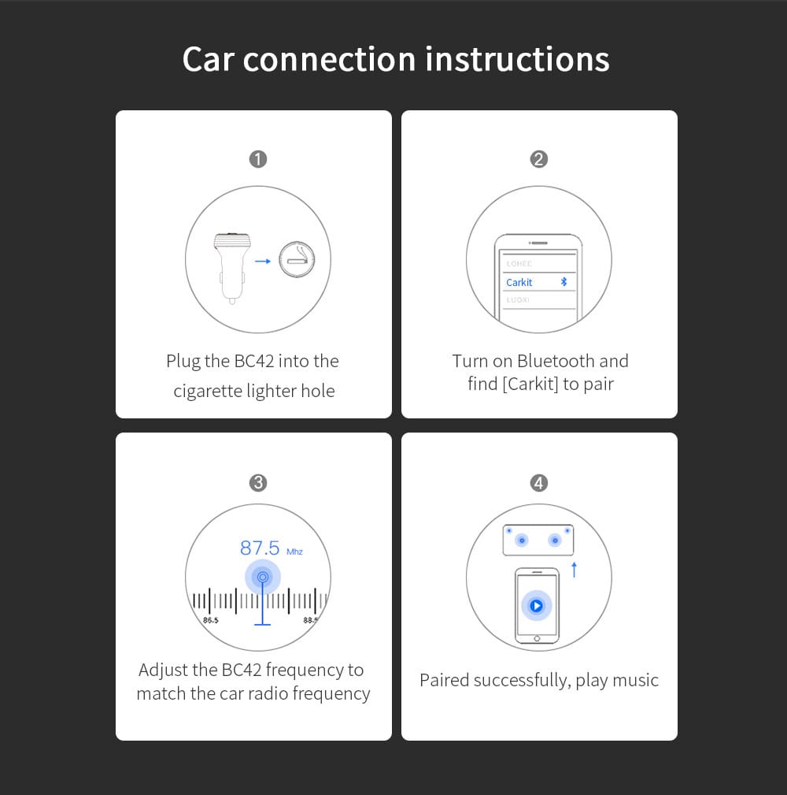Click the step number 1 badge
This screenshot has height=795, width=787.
258,159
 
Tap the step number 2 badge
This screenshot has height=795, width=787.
539,159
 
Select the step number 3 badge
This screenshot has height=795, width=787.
258,483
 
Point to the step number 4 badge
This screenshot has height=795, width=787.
539,483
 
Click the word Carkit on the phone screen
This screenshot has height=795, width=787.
519,282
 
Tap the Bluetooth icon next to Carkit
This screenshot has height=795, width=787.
563,282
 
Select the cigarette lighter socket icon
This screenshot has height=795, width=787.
297,259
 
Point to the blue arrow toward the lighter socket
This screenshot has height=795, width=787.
263,260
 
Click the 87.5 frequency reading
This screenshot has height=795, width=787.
260,548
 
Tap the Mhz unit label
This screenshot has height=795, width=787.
294,552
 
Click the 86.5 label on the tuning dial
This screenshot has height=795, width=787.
211,620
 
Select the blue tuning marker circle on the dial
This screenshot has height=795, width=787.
262,578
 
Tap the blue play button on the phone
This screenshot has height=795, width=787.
536,606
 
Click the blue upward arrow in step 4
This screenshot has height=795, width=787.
574,569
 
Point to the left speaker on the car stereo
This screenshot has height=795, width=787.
521,541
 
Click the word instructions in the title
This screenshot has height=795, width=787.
517,60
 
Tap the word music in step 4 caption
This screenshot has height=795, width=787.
635,681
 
